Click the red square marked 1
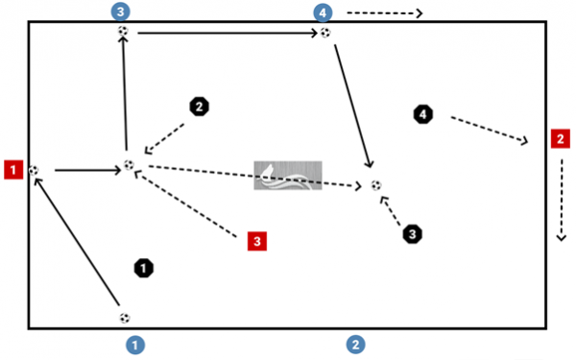(12, 170)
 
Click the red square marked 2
(559, 138)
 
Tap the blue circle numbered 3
(120, 12)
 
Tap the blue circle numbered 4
(324, 12)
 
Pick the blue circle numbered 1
(137, 342)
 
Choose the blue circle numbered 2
(355, 343)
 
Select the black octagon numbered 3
(411, 233)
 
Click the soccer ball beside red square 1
(35, 171)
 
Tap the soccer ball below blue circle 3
(123, 32)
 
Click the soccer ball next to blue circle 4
(325, 34)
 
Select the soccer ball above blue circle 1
(124, 317)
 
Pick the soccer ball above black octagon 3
(375, 185)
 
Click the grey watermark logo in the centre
(281, 175)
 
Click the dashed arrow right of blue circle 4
(384, 13)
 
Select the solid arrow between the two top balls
(227, 33)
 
